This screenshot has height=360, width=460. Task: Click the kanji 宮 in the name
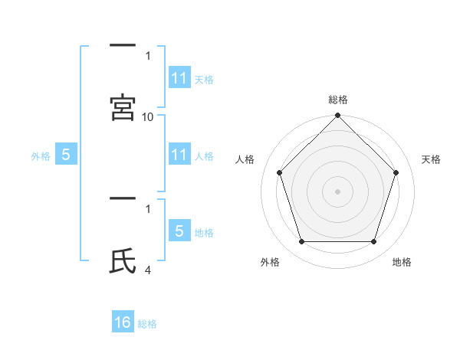click(123, 107)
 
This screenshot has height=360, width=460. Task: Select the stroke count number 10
click(148, 116)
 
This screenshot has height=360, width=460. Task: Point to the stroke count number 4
click(148, 270)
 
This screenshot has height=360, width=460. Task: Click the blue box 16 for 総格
click(123, 323)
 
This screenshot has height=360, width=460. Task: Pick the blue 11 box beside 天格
click(179, 79)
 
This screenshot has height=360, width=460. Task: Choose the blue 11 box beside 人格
click(179, 155)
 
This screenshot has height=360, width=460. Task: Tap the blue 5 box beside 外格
click(66, 155)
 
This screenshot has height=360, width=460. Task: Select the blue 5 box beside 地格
click(179, 232)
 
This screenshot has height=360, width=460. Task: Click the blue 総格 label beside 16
click(147, 324)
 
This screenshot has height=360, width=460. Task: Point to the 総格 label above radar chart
click(338, 100)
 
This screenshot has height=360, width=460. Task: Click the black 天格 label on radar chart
click(432, 159)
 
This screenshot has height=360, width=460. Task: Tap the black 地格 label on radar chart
click(402, 262)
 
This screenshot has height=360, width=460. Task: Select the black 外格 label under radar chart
click(270, 262)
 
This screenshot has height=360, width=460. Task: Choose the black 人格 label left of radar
click(245, 159)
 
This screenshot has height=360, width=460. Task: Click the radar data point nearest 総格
click(338, 116)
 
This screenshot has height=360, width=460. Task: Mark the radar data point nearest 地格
click(373, 242)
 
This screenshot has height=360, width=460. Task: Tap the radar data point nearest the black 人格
click(280, 172)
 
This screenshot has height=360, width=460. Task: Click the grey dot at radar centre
click(337, 191)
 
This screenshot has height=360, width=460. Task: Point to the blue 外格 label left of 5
click(41, 156)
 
